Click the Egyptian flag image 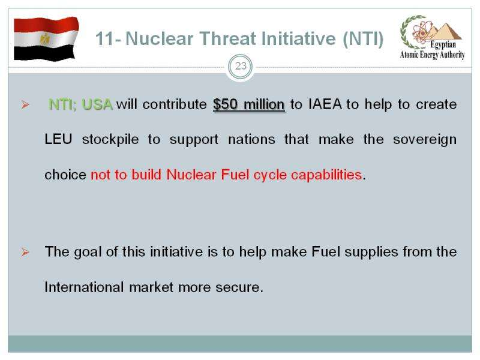[x=46, y=39]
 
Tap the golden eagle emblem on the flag [x=45, y=38]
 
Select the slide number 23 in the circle [x=241, y=66]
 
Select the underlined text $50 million [x=249, y=104]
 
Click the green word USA [x=97, y=104]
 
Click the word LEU [x=58, y=139]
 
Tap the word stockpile [x=110, y=140]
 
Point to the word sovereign [x=425, y=140]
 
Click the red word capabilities [x=326, y=175]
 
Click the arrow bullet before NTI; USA [x=25, y=105]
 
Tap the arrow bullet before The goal [x=25, y=252]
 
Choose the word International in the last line [x=84, y=287]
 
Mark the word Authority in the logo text [x=452, y=55]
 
